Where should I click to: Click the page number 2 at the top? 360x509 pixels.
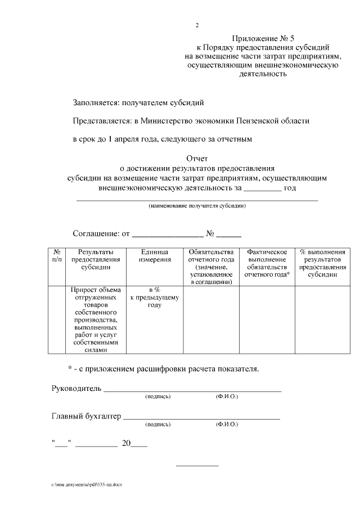click(197, 25)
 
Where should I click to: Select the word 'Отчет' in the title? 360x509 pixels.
click(197, 159)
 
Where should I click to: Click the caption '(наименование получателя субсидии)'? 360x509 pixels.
click(197, 206)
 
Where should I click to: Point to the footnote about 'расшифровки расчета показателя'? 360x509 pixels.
click(164, 369)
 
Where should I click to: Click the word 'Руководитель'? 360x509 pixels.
click(76, 389)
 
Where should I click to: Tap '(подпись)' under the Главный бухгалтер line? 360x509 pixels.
click(157, 425)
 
